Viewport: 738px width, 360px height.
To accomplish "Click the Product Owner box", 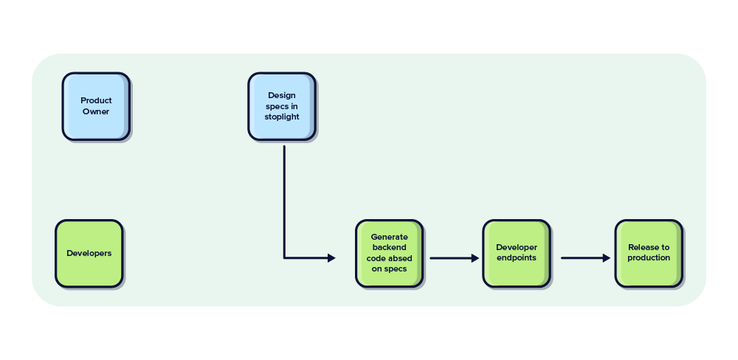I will click(96, 106).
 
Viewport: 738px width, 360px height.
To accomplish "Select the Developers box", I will click(89, 253).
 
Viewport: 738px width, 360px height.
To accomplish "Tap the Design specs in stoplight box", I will click(282, 106).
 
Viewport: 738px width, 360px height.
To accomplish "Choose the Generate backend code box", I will click(389, 253).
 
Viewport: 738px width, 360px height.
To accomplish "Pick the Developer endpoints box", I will click(517, 253).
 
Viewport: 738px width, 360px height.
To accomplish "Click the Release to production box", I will click(649, 253).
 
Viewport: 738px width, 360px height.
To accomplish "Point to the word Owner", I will click(96, 112).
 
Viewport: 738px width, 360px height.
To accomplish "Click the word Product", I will click(96, 101).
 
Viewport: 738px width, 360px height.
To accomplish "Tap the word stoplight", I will click(282, 117).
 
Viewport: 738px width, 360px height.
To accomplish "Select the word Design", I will click(282, 95).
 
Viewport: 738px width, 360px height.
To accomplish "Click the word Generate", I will click(389, 238).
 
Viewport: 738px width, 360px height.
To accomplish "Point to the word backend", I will click(389, 248).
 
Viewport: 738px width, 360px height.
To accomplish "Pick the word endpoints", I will click(517, 258).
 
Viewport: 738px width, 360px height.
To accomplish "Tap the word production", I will click(649, 258).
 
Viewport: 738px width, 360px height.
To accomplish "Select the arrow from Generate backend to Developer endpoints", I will click(454, 258).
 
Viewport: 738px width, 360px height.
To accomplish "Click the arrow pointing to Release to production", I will click(585, 258).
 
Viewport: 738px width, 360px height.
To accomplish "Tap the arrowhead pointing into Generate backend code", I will click(331, 258).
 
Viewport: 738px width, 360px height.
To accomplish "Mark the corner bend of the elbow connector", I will click(284, 258).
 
